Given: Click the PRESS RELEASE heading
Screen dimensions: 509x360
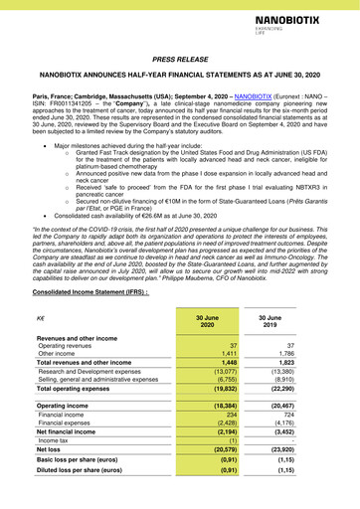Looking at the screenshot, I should [x=179, y=60].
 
